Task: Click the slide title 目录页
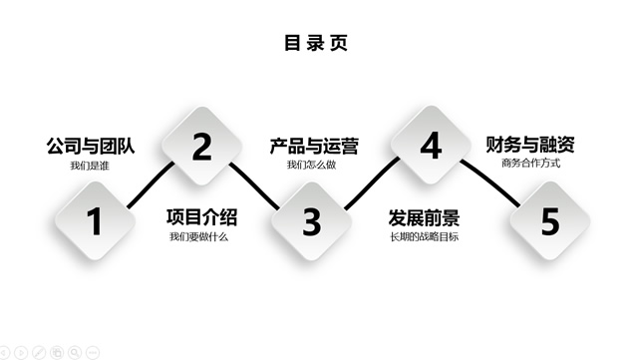pos(316,43)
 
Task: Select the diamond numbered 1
pos(95,220)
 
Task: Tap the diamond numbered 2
pos(202,148)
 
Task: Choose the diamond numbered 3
pos(312,220)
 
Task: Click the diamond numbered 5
pos(549,221)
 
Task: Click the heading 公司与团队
pos(90,146)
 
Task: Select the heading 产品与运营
pos(314,146)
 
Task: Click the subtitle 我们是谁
pos(89,165)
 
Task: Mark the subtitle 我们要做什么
pos(199,236)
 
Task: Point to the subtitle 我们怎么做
pos(313,165)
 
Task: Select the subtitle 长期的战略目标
pos(424,236)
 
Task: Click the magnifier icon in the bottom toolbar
pos(75,352)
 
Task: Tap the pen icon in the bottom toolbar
pos(38,352)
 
